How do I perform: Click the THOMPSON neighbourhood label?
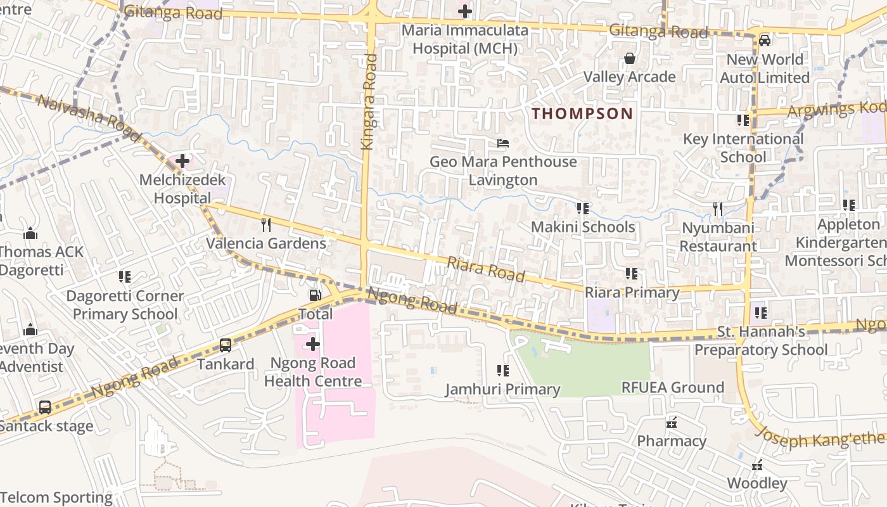click(x=582, y=113)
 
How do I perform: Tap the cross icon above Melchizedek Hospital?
click(x=182, y=161)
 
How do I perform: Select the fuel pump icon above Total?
click(x=315, y=295)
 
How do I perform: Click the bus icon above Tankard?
click(x=226, y=345)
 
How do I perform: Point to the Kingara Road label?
click(x=368, y=102)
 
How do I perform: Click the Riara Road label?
click(x=486, y=269)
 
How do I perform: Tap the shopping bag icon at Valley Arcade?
click(x=630, y=58)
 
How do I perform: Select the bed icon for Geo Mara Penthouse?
click(x=503, y=143)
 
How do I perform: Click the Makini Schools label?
click(x=582, y=227)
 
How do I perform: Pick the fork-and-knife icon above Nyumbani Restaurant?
click(x=718, y=209)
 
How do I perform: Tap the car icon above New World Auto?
click(x=765, y=41)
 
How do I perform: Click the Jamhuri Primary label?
click(x=502, y=389)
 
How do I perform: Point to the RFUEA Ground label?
click(x=672, y=387)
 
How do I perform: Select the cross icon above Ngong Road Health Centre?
click(x=313, y=344)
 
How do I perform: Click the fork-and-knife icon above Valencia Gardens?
click(x=266, y=224)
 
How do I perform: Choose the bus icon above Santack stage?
click(x=45, y=408)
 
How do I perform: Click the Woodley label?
click(x=756, y=483)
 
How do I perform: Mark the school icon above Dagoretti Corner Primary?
click(x=125, y=277)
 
